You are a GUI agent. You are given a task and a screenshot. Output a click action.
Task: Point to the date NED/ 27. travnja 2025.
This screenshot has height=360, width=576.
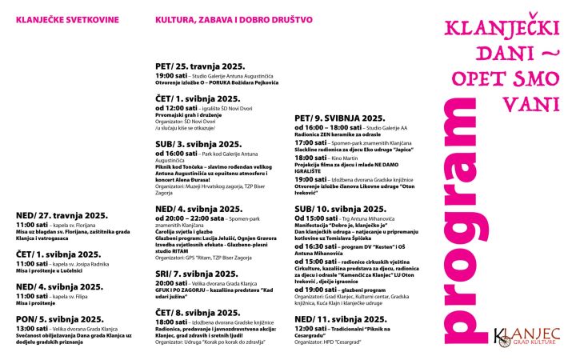point(61,214)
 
